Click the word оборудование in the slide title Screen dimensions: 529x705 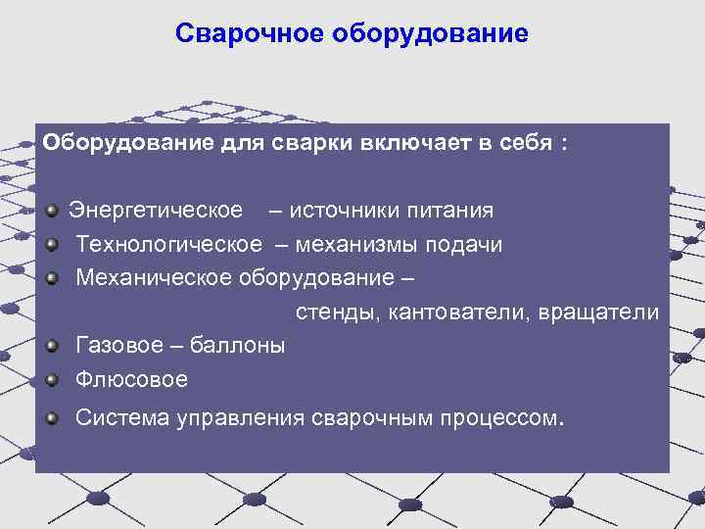(x=430, y=34)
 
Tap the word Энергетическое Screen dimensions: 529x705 (x=156, y=211)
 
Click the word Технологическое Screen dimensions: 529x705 (x=168, y=244)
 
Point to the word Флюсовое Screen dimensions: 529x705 (x=131, y=379)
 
